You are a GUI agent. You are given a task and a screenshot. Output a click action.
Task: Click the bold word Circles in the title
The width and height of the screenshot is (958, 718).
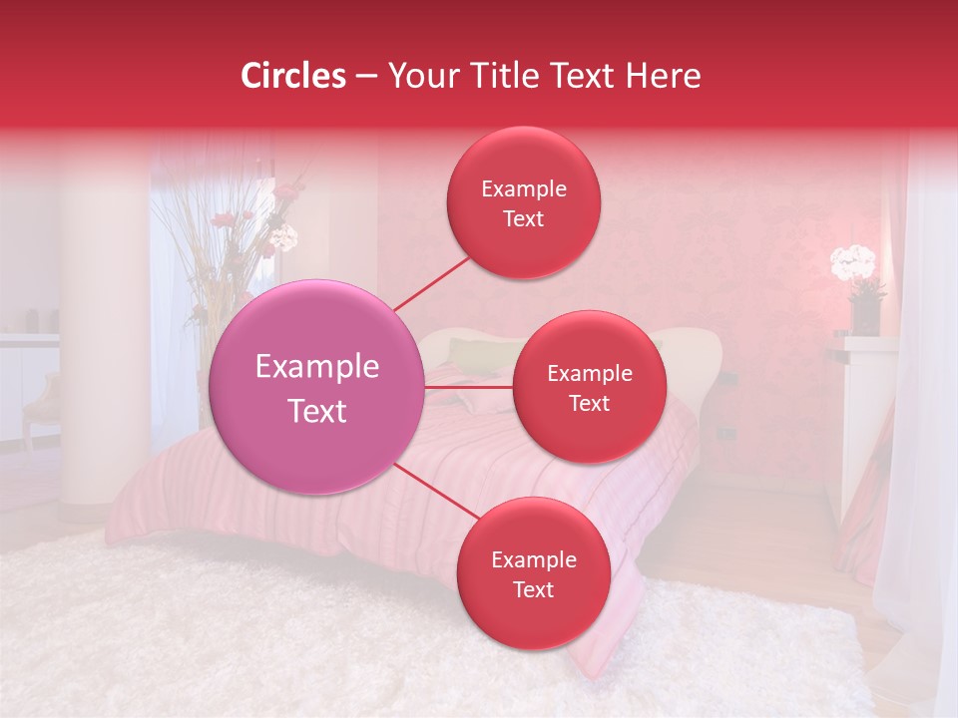293,76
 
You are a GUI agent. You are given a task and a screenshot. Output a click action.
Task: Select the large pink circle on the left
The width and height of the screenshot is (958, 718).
317,387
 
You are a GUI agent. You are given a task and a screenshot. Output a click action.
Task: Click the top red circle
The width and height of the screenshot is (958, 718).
523,202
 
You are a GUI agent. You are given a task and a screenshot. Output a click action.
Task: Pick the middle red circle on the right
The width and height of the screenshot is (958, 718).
589,387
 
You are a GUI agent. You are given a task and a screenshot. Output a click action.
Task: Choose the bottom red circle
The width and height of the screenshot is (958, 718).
533,573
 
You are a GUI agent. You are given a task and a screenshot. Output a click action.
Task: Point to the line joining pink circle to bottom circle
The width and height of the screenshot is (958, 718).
436,490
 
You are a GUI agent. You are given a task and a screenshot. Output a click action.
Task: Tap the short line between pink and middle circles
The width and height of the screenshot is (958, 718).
469,387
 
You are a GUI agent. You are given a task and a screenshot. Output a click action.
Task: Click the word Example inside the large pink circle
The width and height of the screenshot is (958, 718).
317,366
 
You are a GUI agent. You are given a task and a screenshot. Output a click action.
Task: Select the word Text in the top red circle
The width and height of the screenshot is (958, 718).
523,219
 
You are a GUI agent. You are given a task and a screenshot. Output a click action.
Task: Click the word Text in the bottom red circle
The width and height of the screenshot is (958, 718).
533,590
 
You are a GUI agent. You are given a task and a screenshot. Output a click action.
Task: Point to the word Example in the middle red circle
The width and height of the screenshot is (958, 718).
589,373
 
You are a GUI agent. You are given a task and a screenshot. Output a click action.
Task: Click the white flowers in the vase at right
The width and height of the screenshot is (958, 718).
853,261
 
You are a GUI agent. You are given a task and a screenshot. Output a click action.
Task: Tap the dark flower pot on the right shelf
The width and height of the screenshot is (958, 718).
864,315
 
